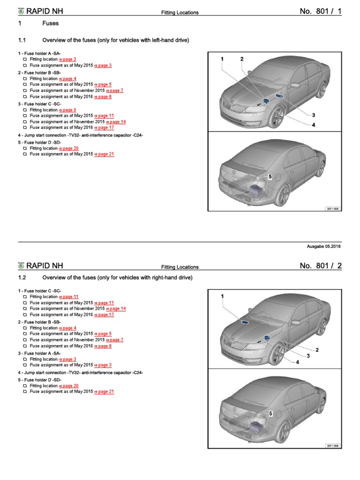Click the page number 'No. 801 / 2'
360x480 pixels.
pos(321,266)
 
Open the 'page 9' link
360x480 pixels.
pos(67,110)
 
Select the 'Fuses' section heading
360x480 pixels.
pos(51,23)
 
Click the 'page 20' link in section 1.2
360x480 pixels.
pos(68,386)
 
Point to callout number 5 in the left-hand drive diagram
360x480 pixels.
pos(270,176)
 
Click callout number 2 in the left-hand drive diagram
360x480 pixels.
pos(242,59)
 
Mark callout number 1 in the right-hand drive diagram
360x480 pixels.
pos(223,297)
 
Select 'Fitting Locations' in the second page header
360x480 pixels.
pos(180,267)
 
